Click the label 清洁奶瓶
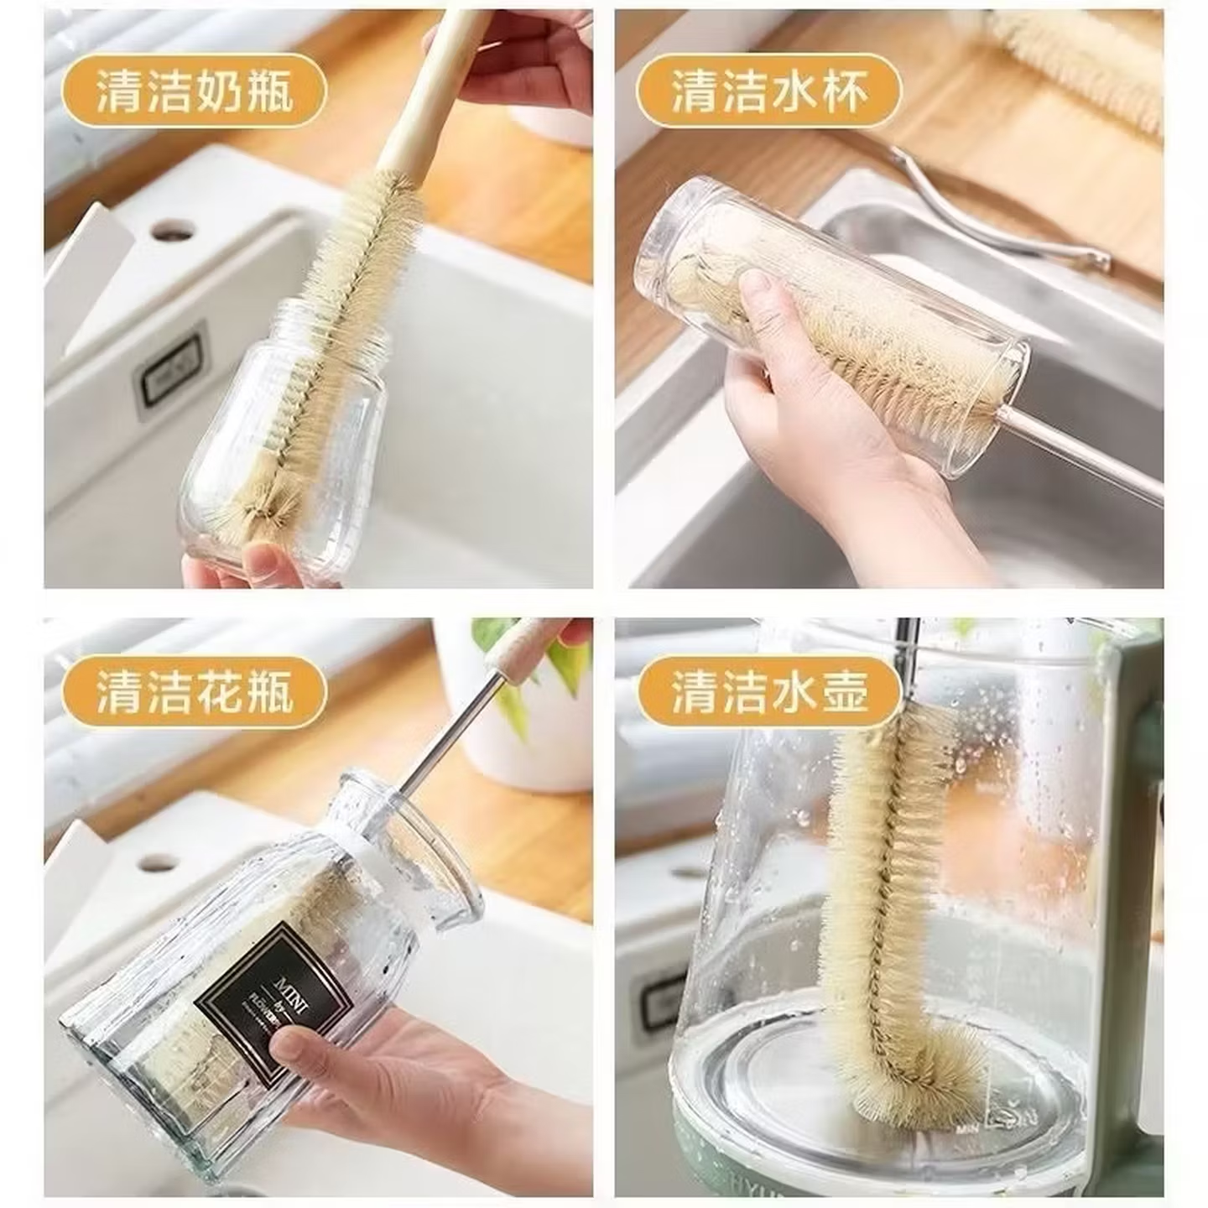tap(194, 92)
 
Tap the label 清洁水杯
tap(768, 92)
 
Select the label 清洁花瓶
tap(194, 693)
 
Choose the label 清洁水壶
tap(768, 693)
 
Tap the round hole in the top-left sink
tap(172, 228)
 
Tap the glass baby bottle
tap(285, 453)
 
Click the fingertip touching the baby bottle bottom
tap(264, 558)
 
